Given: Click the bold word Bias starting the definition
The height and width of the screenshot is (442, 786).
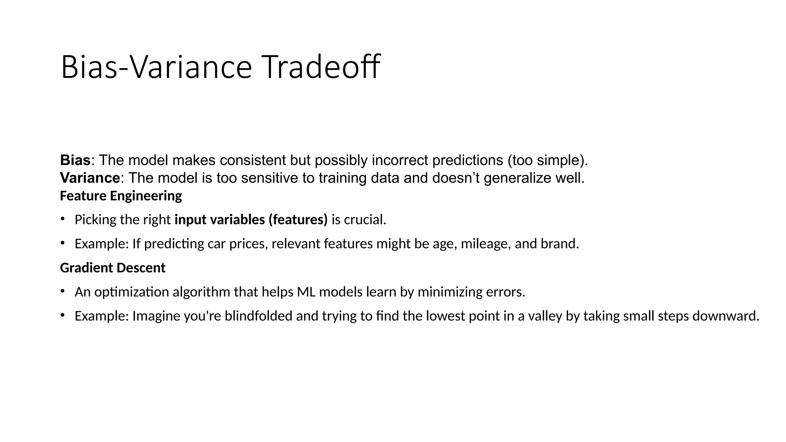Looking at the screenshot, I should [x=75, y=160].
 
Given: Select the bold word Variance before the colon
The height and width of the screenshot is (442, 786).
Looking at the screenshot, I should [x=90, y=178].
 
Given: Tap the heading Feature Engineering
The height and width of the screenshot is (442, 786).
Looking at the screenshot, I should [x=121, y=196].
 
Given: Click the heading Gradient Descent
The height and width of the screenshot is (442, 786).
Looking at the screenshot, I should [x=112, y=268].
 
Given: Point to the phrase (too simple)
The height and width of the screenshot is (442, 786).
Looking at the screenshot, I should [x=548, y=160].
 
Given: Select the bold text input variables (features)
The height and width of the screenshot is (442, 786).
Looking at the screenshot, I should [x=251, y=220].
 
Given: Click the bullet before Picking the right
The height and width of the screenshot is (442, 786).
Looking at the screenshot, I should [x=62, y=219].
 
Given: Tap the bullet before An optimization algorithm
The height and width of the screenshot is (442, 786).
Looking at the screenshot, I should [x=62, y=292].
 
